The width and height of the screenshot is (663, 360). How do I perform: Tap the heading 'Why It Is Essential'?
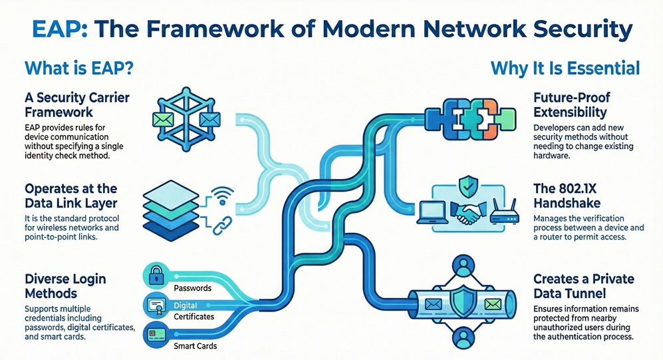pos(565,68)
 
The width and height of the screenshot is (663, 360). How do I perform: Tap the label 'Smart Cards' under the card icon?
pos(195,346)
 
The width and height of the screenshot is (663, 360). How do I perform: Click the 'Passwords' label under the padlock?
pos(192,288)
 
